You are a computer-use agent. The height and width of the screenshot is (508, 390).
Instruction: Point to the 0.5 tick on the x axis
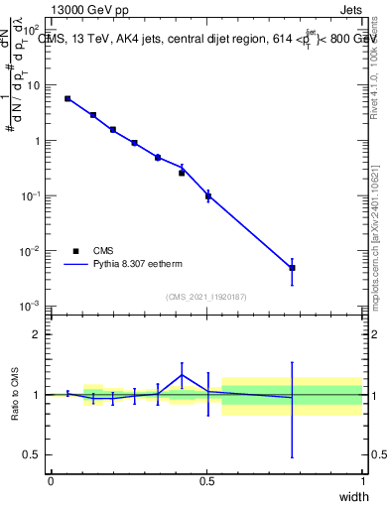pyautogui.click(x=206, y=481)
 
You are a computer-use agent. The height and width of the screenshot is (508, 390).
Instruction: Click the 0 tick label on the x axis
pyautogui.click(x=51, y=481)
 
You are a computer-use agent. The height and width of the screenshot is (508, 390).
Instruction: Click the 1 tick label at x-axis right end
pyautogui.click(x=363, y=481)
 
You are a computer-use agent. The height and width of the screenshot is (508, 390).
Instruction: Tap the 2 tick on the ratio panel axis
pyautogui.click(x=37, y=334)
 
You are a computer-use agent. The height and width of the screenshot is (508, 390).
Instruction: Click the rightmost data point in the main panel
pyautogui.click(x=292, y=268)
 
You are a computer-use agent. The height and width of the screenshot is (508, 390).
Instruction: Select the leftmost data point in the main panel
pyautogui.click(x=67, y=98)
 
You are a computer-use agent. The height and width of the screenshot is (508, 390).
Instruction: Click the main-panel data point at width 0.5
pyautogui.click(x=207, y=196)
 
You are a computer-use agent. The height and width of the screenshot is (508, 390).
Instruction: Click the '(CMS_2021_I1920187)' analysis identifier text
pyautogui.click(x=205, y=297)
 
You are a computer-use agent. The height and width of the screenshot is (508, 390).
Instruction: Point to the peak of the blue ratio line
pyautogui.click(x=182, y=374)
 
